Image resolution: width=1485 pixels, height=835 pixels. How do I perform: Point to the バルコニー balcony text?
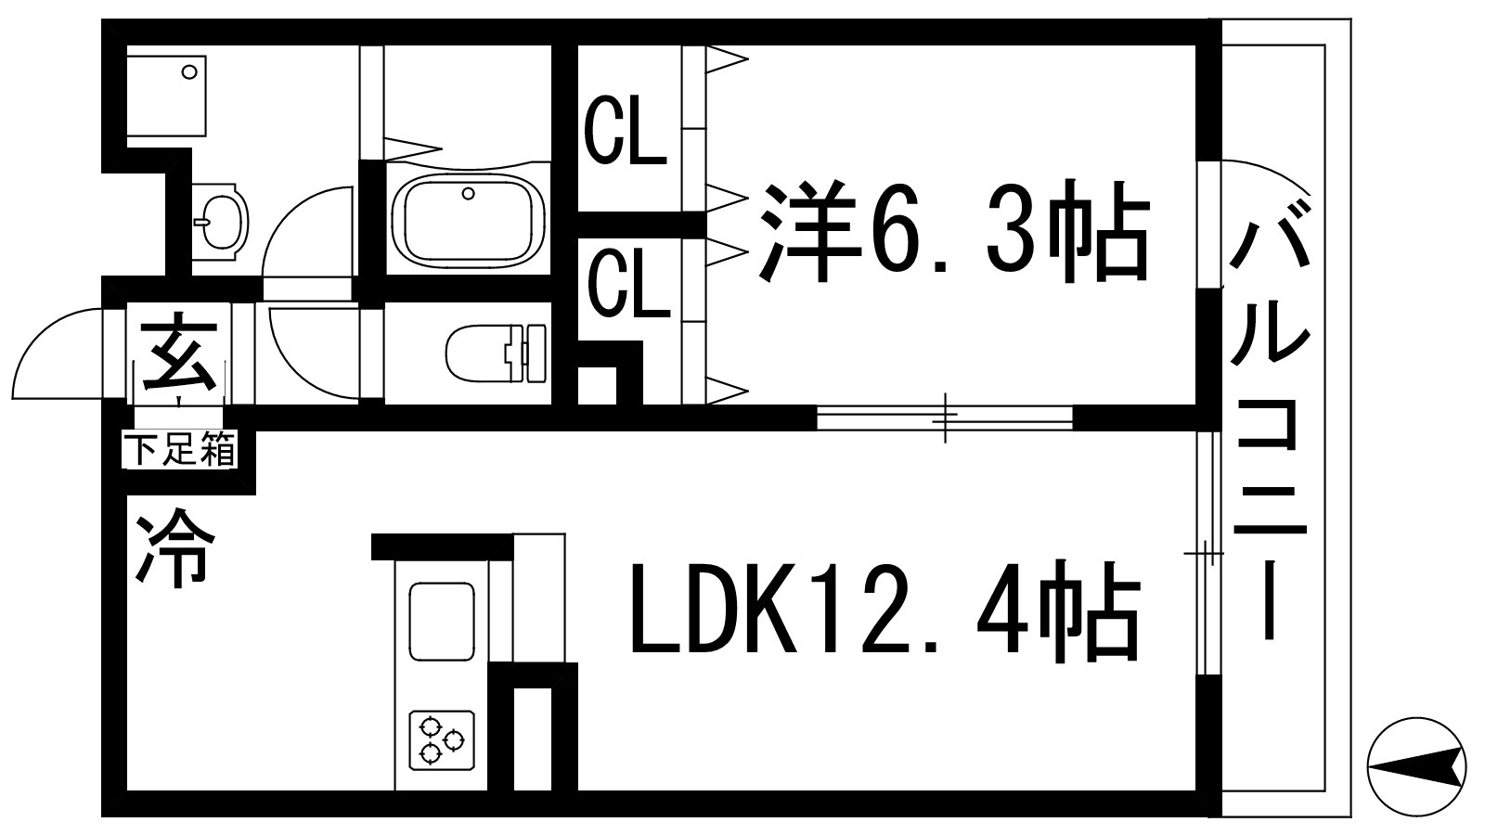(x=1269, y=417)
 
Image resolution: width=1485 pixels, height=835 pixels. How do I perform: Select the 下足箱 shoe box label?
(x=180, y=452)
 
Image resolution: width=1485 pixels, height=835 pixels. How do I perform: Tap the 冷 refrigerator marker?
(x=175, y=547)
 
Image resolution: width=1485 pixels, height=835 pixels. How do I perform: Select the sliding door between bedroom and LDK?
(x=944, y=417)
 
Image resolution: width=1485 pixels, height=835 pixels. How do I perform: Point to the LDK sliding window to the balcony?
(x=1205, y=553)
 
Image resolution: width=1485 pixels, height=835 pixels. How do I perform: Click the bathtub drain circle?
(x=469, y=194)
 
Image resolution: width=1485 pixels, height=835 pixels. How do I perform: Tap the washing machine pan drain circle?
(x=190, y=71)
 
